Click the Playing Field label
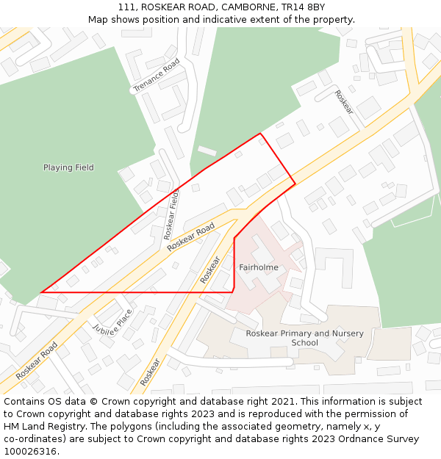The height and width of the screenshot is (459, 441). [68, 167]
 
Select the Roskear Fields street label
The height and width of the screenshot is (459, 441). [171, 214]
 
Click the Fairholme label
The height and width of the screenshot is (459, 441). [259, 267]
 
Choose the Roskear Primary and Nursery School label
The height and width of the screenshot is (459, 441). [304, 338]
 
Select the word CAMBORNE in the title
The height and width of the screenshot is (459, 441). [236, 7]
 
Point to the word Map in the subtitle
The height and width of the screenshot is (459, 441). [98, 19]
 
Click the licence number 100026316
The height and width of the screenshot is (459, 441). [32, 451]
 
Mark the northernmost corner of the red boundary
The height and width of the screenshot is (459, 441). [260, 134]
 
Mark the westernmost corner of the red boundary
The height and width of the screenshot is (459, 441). [40, 292]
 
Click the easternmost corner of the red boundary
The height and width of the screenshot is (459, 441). [295, 184]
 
